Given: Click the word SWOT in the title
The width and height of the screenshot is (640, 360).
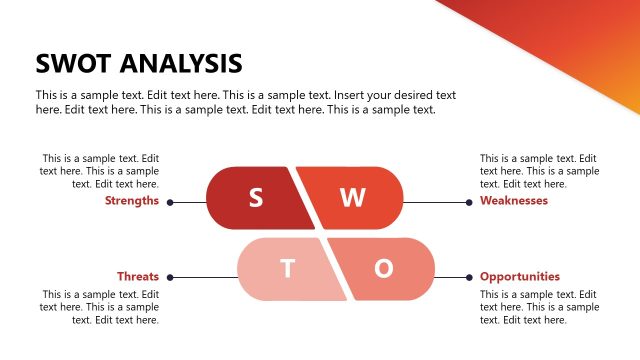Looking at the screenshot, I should tap(73, 64).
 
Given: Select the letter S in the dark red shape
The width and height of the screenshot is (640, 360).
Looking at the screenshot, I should tap(256, 198).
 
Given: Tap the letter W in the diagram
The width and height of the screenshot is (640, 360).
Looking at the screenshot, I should tap(352, 198).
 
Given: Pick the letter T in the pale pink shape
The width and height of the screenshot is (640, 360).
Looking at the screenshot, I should tap(288, 269).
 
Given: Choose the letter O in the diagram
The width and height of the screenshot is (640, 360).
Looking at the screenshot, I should tap(383, 269).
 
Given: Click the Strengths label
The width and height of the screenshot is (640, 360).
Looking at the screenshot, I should tap(132, 201).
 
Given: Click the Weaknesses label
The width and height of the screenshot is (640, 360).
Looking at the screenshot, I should tap(514, 201).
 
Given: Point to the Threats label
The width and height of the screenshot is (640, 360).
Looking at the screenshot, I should tap(138, 277).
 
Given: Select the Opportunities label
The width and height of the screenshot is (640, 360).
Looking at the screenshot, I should tap(520, 277).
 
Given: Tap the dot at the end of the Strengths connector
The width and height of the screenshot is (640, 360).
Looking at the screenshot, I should tap(171, 202).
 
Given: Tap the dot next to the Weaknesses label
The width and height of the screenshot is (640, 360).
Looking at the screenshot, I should tap(468, 202).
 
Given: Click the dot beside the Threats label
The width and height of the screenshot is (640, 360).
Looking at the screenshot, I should tap(171, 277).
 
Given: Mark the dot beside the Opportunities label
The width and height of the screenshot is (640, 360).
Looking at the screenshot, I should tap(468, 277).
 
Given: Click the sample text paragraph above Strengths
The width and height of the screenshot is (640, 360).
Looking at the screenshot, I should tap(100, 171).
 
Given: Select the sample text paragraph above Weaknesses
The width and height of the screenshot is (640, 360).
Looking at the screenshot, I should tap(539, 171).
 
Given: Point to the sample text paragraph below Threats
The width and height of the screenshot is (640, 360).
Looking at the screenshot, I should tap(100, 307).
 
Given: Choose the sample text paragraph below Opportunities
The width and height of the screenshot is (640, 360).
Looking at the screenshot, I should tap(539, 307).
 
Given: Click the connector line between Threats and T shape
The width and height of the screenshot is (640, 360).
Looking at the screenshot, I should tap(205, 277).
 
